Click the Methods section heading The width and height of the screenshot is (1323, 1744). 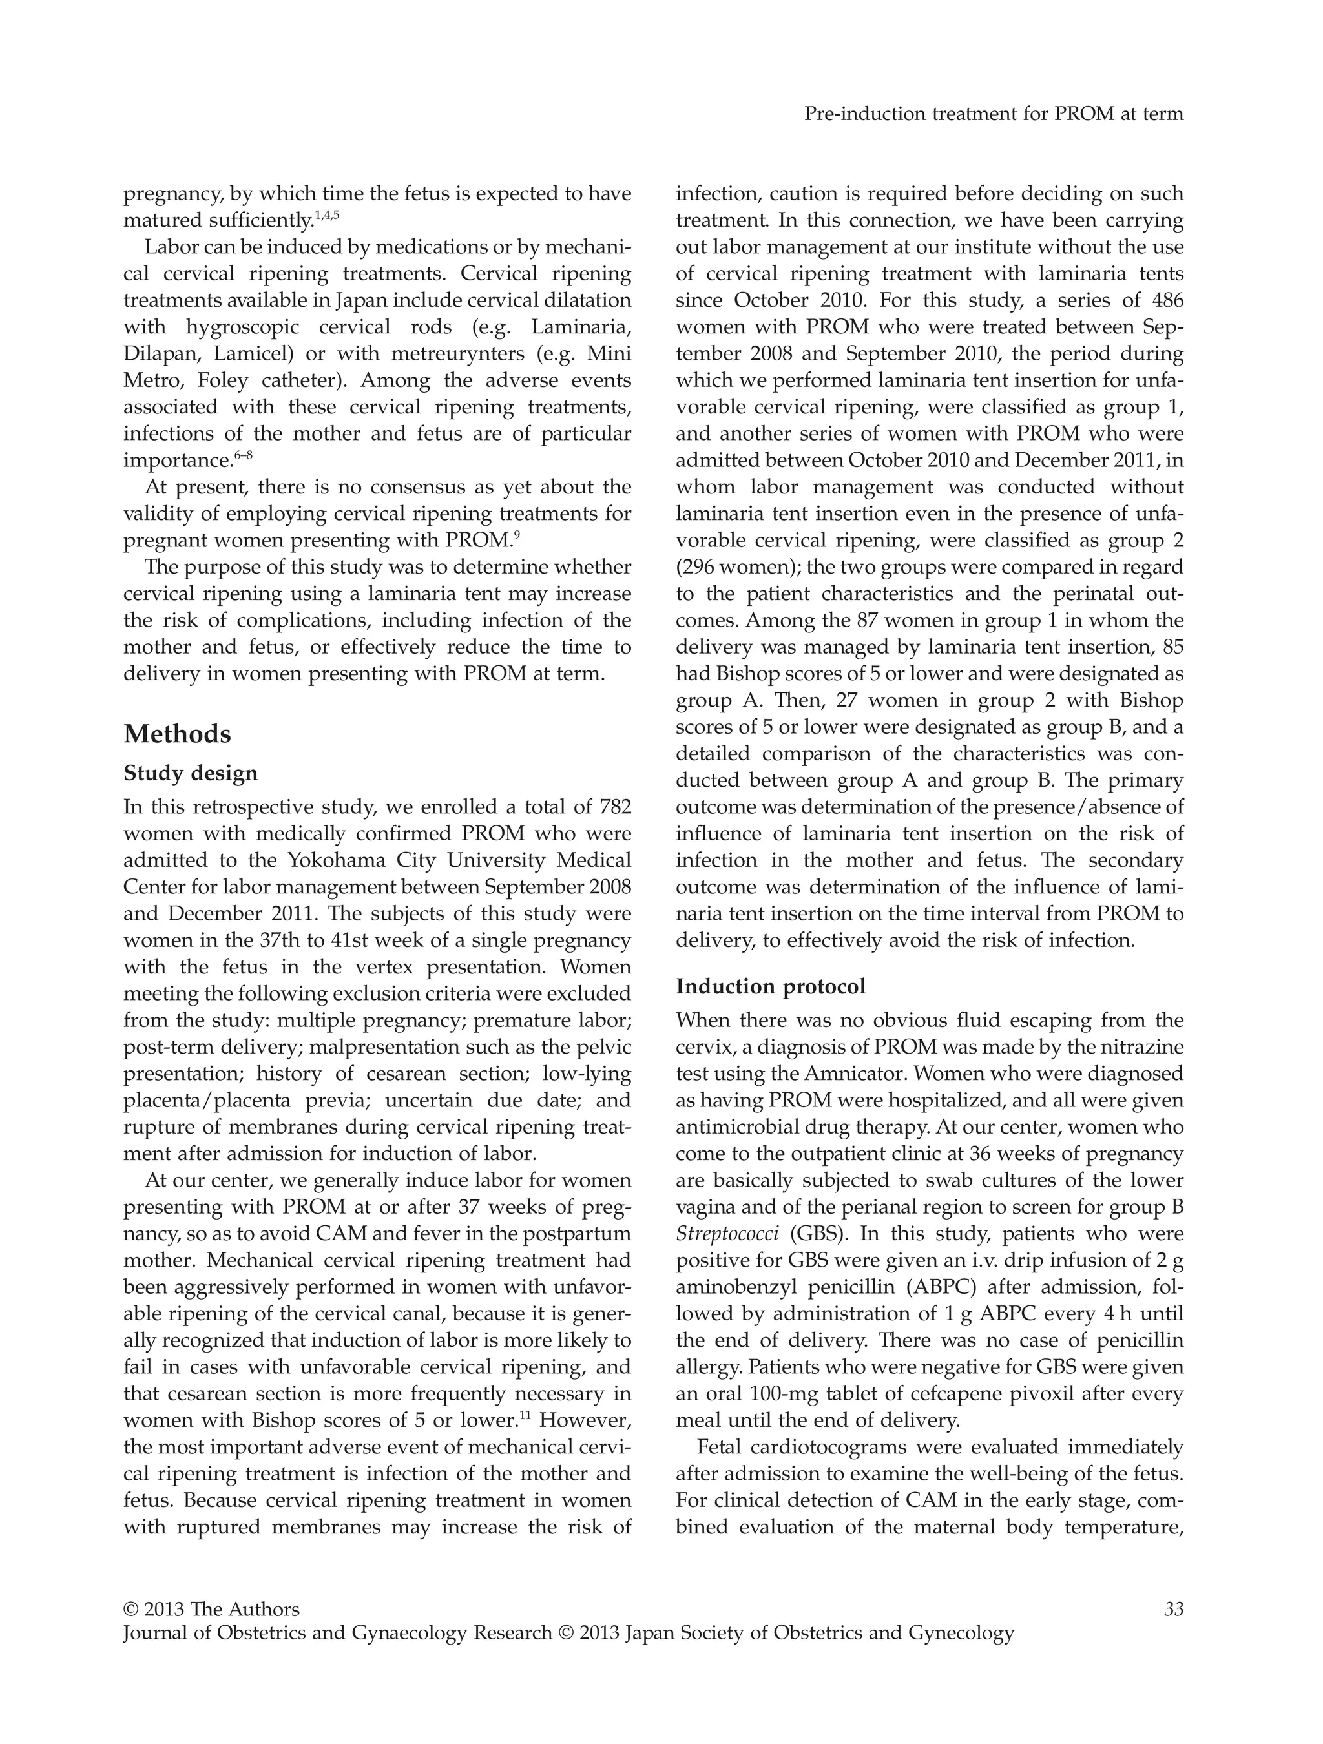[178, 734]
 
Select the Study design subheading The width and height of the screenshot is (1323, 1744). [191, 773]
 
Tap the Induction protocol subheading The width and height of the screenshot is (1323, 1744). [770, 986]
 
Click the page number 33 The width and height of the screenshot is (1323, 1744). [1173, 1610]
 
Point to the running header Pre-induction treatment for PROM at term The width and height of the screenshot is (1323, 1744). [994, 114]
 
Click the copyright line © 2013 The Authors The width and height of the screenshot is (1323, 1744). [211, 1610]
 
